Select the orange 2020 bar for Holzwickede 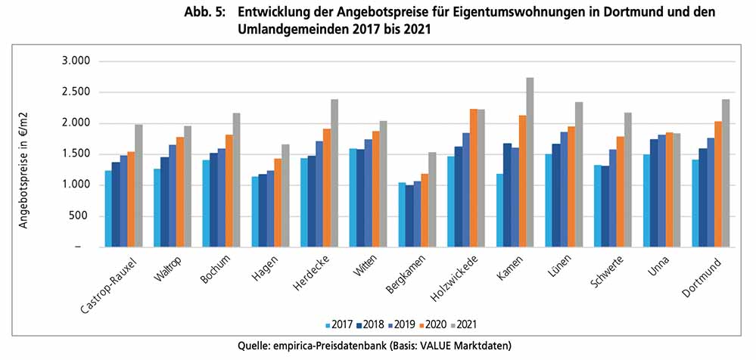(473, 178)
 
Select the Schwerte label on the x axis (605, 271)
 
